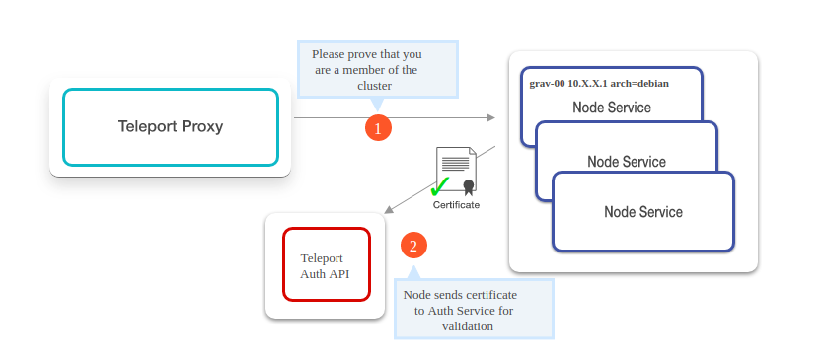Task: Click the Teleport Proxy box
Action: pos(170,126)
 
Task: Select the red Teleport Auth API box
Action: pos(327,264)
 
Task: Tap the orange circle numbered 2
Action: pos(413,246)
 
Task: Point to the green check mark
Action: pos(440,186)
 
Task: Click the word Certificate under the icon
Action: pos(456,205)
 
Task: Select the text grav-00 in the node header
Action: pos(549,84)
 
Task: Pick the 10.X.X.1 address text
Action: pos(589,84)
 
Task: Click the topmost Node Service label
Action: pos(612,107)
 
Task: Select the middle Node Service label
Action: pos(627,161)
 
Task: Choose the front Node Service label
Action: pos(642,211)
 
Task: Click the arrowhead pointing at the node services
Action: pos(490,117)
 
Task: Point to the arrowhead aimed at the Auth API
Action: pos(389,210)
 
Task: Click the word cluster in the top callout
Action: pos(375,86)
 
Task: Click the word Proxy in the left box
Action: pos(202,126)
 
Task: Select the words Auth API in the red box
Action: pos(325,273)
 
